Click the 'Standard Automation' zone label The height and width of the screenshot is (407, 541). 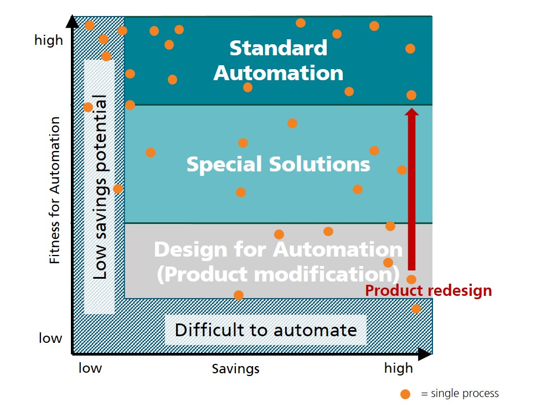click(x=279, y=60)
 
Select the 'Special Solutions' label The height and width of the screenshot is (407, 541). click(x=278, y=164)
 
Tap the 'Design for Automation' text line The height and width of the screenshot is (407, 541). click(x=278, y=249)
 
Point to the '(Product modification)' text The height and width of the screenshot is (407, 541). click(x=278, y=274)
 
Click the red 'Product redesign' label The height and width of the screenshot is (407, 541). click(x=428, y=290)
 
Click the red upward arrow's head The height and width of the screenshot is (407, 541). click(x=411, y=112)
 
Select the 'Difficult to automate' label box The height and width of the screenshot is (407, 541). click(x=265, y=330)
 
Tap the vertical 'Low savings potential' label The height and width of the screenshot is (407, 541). click(x=100, y=187)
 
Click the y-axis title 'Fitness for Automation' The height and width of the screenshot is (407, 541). click(x=54, y=190)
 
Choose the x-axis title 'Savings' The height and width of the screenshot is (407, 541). click(x=235, y=369)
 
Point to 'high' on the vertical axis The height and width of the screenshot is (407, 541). click(x=49, y=40)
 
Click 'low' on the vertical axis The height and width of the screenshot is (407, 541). click(x=50, y=338)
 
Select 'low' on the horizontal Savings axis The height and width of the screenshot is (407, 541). click(x=90, y=368)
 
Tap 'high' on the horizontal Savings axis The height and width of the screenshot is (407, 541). click(x=399, y=368)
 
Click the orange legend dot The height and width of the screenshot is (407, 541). click(x=405, y=394)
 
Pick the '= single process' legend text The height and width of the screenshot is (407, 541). click(x=460, y=393)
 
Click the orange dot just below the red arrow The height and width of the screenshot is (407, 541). click(x=411, y=279)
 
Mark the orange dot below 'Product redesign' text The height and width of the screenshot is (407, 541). click(x=416, y=309)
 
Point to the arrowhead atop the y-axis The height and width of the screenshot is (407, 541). click(x=72, y=21)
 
